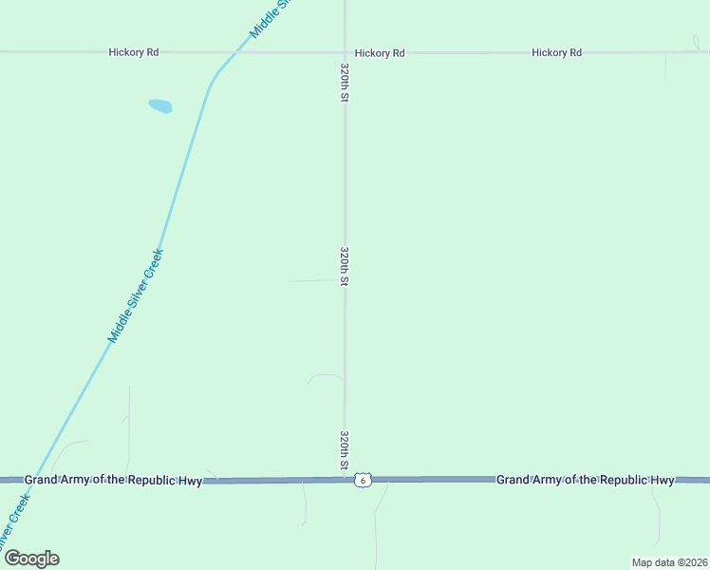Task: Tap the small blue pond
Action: click(x=160, y=106)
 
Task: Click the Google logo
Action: click(x=31, y=559)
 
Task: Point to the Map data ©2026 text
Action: click(x=669, y=562)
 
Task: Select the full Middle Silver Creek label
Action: click(x=136, y=295)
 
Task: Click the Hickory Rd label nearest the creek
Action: click(x=133, y=52)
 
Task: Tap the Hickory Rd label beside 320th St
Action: click(x=380, y=53)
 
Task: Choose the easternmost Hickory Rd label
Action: click(x=556, y=52)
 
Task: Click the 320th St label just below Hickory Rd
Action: click(x=346, y=84)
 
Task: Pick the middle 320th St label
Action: click(x=346, y=266)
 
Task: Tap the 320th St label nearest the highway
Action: click(x=346, y=450)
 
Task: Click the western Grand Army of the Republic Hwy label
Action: click(x=113, y=480)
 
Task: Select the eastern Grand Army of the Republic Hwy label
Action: click(x=585, y=480)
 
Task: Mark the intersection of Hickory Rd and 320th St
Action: click(x=345, y=52)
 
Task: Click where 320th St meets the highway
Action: click(x=345, y=480)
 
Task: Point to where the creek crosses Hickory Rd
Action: click(x=234, y=52)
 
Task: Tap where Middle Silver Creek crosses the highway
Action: click(x=28, y=481)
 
